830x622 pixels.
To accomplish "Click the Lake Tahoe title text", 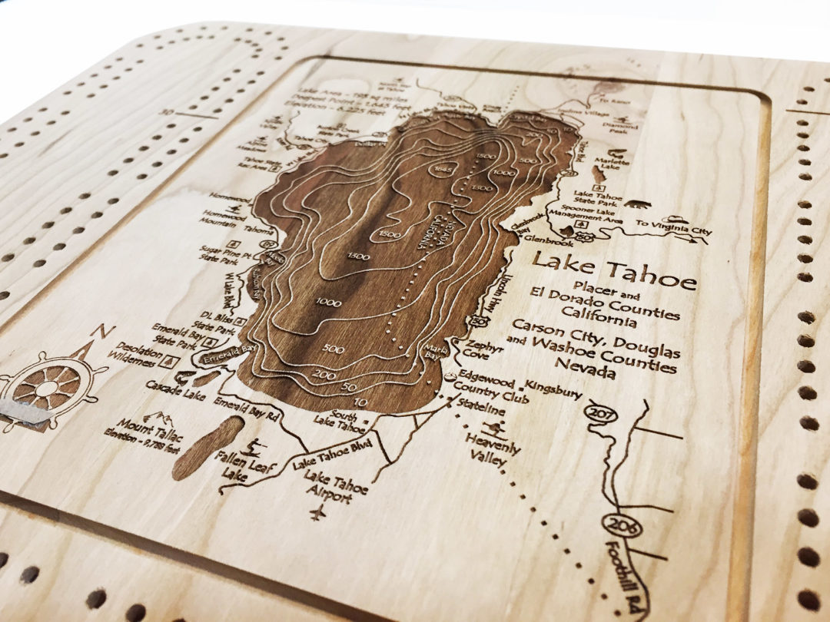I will [x=615, y=269].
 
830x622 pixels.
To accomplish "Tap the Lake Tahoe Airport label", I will [x=336, y=488].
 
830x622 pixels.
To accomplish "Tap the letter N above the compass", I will [x=98, y=332].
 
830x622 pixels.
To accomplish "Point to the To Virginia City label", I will [x=673, y=228].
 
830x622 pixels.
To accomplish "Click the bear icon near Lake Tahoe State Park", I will [x=636, y=204].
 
